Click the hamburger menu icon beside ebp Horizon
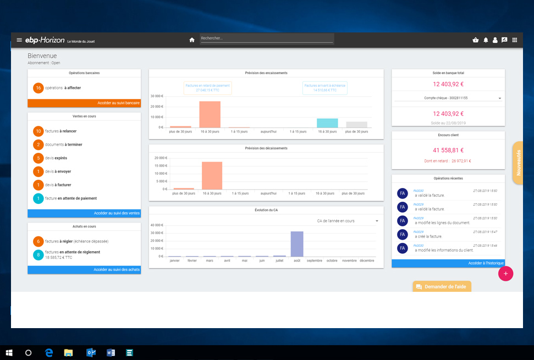(x=19, y=40)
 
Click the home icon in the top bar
(x=192, y=40)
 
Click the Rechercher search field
(x=267, y=38)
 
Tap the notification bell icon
(x=486, y=40)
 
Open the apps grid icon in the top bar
(x=515, y=40)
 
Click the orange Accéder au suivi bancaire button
(x=84, y=103)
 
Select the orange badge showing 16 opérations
(x=38, y=88)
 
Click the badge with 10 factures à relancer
(x=38, y=131)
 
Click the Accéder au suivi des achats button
(x=84, y=269)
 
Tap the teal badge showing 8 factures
(x=38, y=254)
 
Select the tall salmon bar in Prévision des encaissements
(x=210, y=114)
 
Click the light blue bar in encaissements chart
(x=327, y=123)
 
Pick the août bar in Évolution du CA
(x=297, y=243)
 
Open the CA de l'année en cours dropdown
(x=348, y=221)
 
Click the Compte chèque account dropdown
(x=448, y=98)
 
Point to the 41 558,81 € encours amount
(x=448, y=150)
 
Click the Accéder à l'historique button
(x=448, y=263)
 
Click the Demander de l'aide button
(x=442, y=286)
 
